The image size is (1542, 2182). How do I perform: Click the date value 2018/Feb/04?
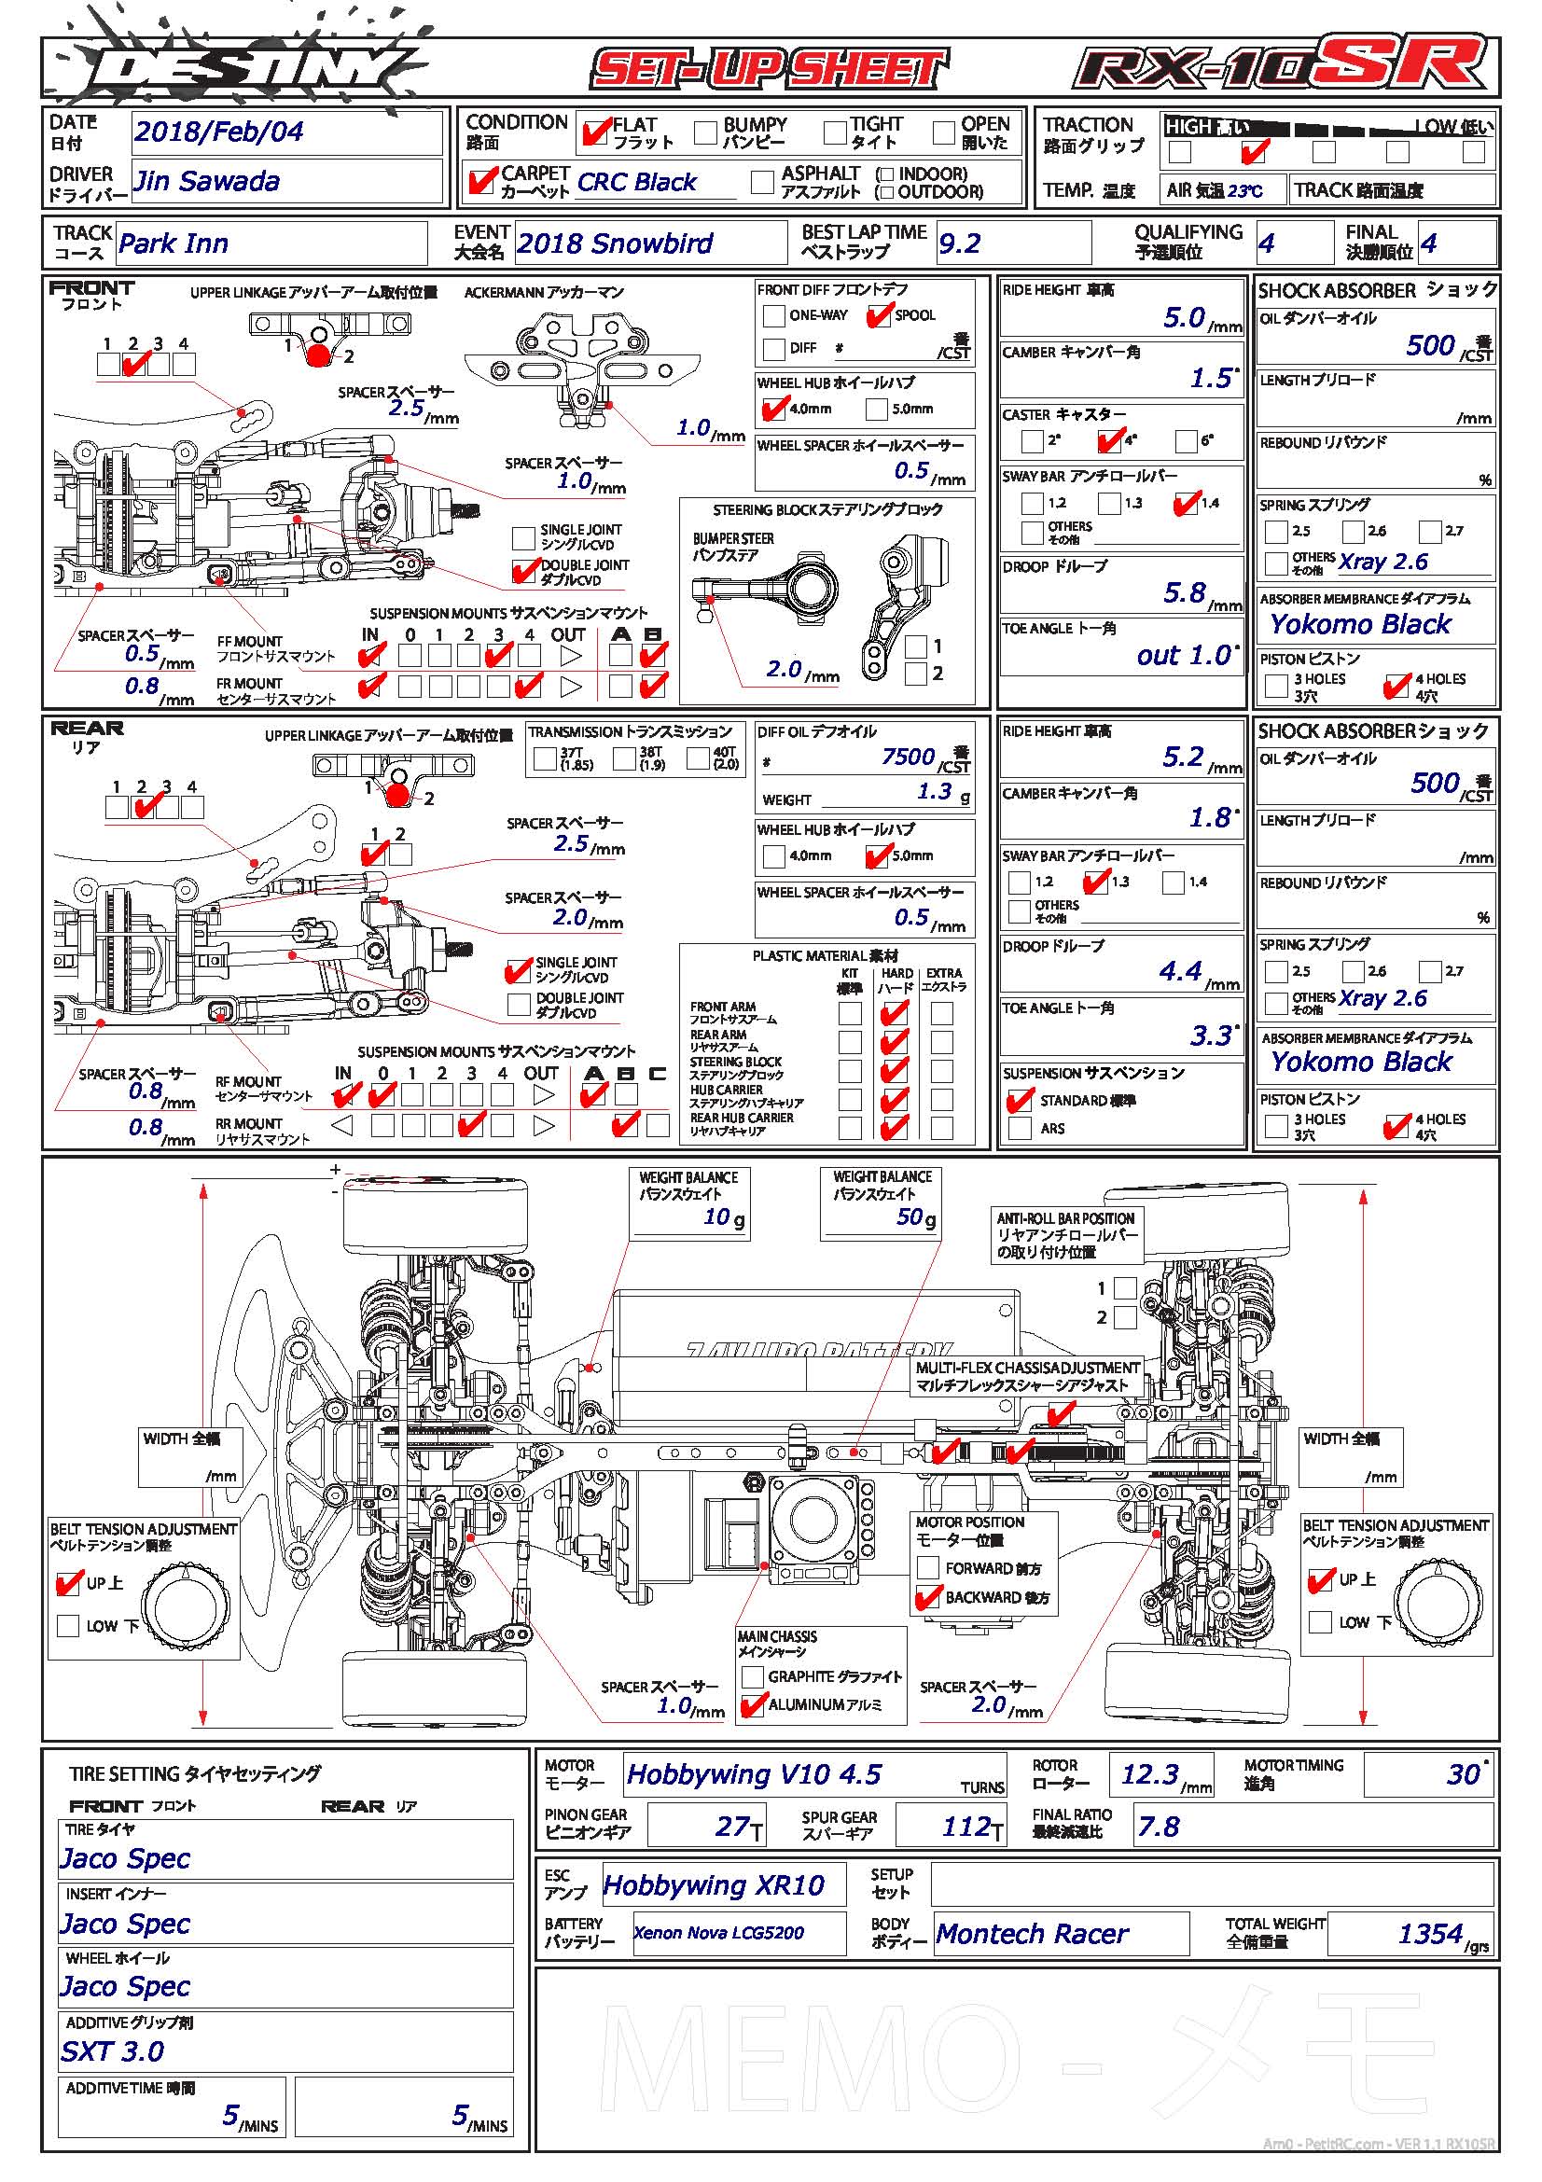[x=218, y=132]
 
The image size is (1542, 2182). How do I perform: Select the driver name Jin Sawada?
[x=207, y=182]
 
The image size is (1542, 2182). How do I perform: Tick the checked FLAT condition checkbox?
[x=595, y=132]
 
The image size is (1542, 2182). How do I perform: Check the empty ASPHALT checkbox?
[x=762, y=182]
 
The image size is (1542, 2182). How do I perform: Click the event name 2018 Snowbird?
[x=615, y=244]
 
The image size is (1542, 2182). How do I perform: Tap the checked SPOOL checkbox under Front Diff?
[x=879, y=315]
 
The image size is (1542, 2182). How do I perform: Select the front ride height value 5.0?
[x=1184, y=318]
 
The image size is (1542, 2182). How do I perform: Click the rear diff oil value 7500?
[x=908, y=757]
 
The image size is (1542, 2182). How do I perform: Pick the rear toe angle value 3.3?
[x=1210, y=1035]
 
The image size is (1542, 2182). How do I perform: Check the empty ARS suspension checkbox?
[x=1021, y=1128]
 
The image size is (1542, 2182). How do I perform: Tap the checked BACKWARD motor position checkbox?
[x=927, y=1597]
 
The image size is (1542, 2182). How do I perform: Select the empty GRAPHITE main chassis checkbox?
[x=753, y=1676]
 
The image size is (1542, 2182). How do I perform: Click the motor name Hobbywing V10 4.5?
[x=755, y=1775]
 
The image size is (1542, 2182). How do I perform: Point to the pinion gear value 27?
[x=732, y=1827]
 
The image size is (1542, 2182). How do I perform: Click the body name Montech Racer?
[x=1032, y=1934]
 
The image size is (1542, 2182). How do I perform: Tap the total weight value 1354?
[x=1430, y=1934]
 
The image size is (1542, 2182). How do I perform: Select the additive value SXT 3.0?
[x=113, y=2051]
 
